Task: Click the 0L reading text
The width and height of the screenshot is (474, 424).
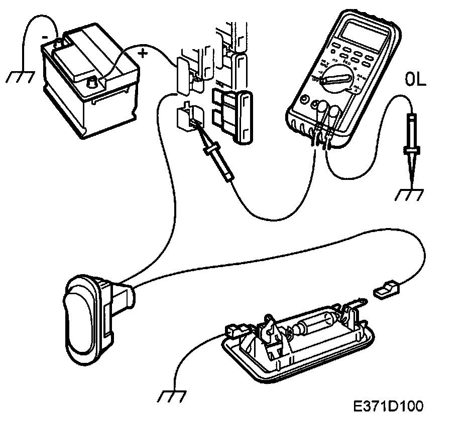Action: [x=415, y=79]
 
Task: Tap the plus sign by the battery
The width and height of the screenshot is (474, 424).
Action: [x=144, y=53]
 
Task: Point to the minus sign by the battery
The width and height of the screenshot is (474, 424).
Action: [x=45, y=36]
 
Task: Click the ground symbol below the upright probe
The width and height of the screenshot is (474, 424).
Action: [x=409, y=194]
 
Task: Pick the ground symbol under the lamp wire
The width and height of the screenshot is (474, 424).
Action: [x=170, y=396]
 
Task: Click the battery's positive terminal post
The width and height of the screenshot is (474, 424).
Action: [x=93, y=81]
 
